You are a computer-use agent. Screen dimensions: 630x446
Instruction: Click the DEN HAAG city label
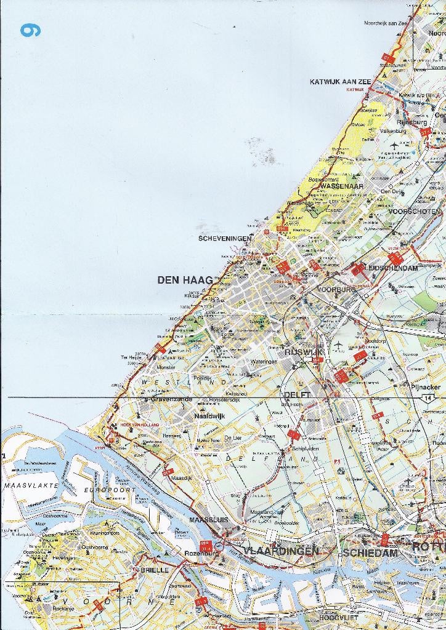tap(185, 280)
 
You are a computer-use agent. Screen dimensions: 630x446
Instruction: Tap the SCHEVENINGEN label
tap(224, 238)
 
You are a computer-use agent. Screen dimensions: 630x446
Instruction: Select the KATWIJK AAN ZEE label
tap(341, 81)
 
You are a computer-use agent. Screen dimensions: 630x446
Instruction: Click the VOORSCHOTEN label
tap(415, 212)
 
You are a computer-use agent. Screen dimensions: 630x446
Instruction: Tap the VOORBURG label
tap(336, 289)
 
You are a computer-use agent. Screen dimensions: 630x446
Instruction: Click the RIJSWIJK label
tap(300, 353)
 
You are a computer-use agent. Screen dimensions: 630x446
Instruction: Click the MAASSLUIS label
tap(209, 520)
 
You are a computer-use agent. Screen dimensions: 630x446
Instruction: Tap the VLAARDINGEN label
tap(281, 551)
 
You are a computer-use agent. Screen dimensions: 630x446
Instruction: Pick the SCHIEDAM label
tap(370, 553)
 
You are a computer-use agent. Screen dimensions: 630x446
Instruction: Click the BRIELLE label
tap(155, 570)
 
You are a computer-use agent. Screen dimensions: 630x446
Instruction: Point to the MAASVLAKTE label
tap(31, 485)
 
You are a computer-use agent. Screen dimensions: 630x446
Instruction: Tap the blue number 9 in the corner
tap(30, 30)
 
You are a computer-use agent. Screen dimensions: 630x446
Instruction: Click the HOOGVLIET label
tap(338, 616)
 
